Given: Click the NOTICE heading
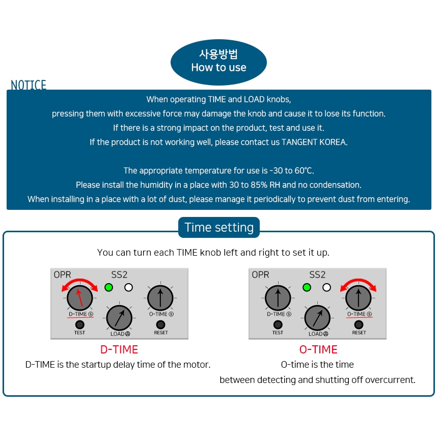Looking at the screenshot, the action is tap(29, 85).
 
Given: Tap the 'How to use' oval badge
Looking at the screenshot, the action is tap(218, 62).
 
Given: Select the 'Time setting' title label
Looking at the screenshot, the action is tap(219, 227).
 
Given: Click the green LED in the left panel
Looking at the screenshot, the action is tap(108, 287).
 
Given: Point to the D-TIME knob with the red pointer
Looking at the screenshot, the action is tap(79, 297).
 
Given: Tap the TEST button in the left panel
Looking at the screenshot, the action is tap(79, 324).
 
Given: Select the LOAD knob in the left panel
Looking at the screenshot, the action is tap(119, 318).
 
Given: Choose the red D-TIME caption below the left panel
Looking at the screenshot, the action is tap(119, 349).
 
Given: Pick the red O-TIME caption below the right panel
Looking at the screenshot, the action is tap(318, 349).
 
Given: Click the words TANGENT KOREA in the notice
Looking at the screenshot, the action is tap(314, 142).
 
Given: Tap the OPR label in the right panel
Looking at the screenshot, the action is tap(260, 275).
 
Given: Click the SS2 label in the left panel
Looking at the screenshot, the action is tap(119, 275).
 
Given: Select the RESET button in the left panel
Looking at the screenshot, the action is tap(160, 324).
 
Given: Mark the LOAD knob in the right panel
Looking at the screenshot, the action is tap(317, 318).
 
